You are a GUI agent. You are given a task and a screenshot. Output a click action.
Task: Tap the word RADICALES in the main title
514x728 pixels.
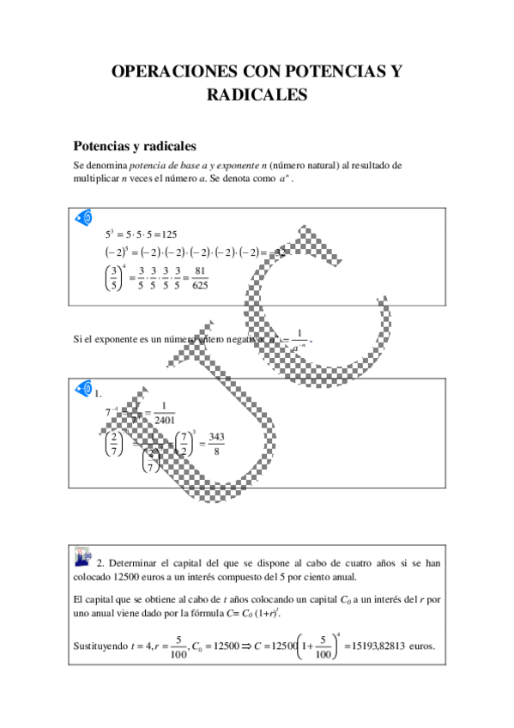click(257, 96)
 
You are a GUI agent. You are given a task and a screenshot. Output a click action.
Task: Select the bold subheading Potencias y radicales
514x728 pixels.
click(136, 146)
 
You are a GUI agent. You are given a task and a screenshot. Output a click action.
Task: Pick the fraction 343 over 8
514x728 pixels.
click(216, 445)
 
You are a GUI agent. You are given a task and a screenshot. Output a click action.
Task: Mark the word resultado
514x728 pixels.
click(370, 164)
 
